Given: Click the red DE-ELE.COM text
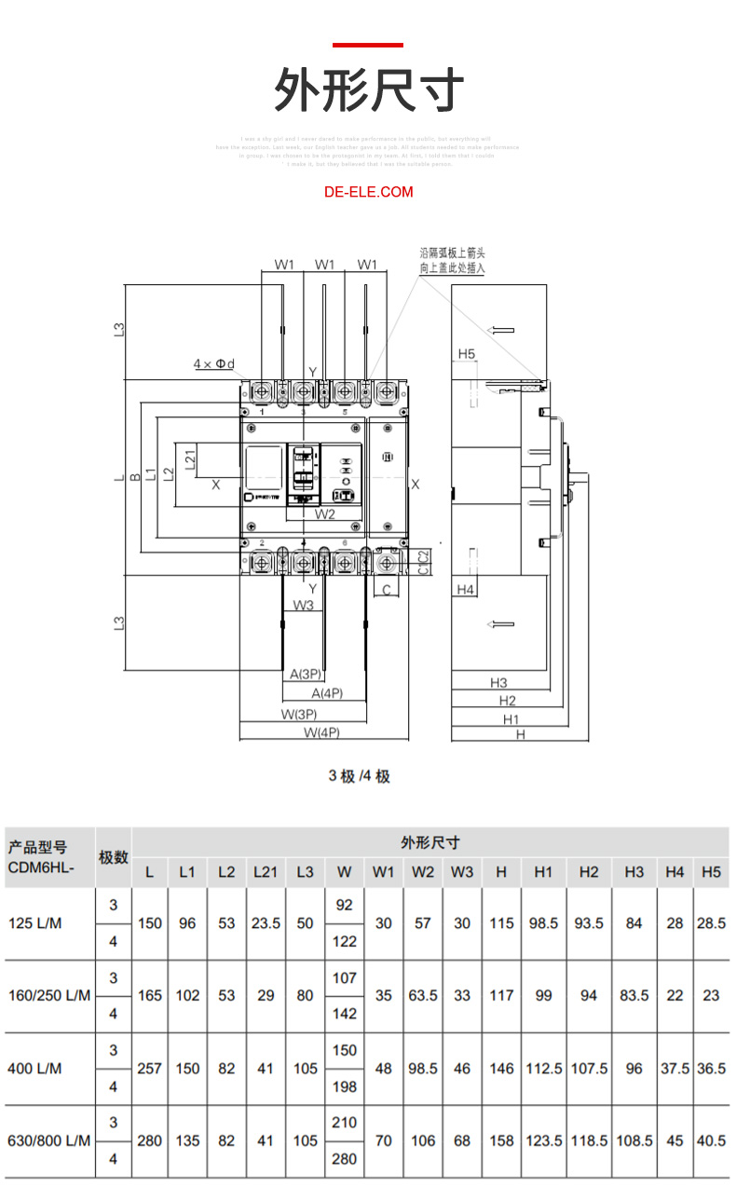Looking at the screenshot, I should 368,192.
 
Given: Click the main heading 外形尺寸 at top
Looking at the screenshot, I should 368,91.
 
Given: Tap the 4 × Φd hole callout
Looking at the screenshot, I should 213,363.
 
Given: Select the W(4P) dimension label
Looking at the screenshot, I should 321,733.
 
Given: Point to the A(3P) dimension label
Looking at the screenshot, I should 306,674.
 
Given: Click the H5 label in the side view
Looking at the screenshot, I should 467,354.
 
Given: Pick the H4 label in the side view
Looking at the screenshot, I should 467,590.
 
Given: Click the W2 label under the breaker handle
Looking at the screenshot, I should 324,513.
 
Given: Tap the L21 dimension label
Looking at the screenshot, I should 189,459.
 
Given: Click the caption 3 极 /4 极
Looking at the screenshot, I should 359,776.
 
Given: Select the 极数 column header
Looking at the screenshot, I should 114,857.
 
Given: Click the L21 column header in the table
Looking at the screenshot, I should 266,873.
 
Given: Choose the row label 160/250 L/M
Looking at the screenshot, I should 49,995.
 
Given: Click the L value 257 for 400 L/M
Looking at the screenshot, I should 149,1069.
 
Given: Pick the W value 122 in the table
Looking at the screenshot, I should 344,941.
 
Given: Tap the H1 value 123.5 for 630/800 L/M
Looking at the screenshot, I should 543,1141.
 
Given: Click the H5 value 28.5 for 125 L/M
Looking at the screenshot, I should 711,923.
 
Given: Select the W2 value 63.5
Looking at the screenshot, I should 423,995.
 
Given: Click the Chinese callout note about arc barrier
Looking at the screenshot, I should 452,260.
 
